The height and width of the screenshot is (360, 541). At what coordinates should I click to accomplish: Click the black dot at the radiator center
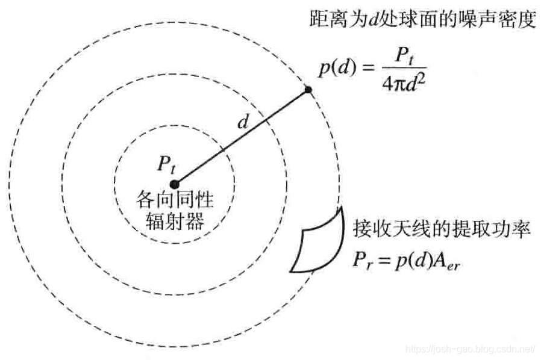click(x=174, y=184)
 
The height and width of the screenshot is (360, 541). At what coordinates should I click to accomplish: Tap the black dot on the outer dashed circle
click(x=308, y=90)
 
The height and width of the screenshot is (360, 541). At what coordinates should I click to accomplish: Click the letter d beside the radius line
click(x=243, y=123)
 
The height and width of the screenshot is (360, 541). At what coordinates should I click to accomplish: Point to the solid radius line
click(x=241, y=137)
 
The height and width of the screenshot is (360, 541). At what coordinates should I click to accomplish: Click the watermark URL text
click(x=470, y=349)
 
